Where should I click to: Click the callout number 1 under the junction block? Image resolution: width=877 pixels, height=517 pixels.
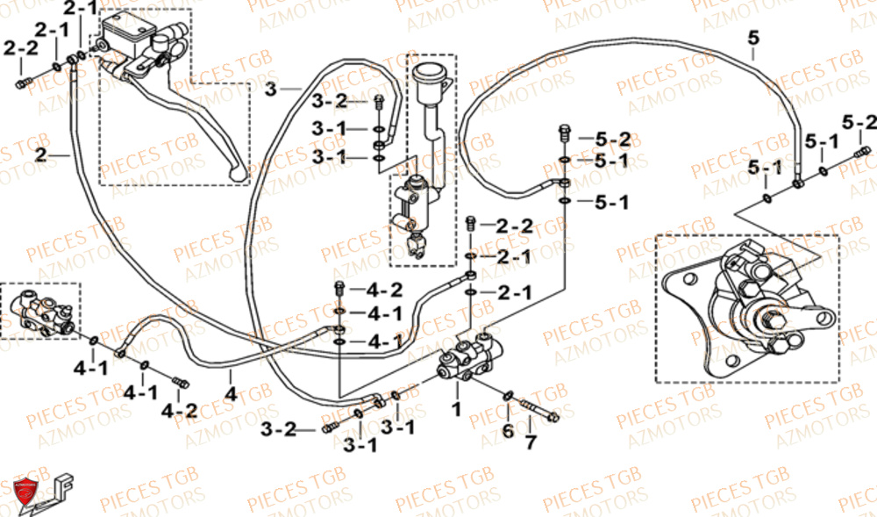pos(455,409)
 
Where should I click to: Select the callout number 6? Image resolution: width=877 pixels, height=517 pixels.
pos(507,430)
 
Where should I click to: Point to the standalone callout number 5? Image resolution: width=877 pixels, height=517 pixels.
pos(753,37)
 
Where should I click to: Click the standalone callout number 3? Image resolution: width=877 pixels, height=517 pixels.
pos(270,90)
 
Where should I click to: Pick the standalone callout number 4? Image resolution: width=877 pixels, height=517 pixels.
pos(231,395)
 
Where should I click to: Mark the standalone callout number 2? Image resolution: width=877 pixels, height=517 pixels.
pos(41,155)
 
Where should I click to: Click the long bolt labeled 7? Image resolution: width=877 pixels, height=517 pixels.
pos(541,410)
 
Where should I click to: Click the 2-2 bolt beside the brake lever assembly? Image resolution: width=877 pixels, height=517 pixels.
pos(23,83)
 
